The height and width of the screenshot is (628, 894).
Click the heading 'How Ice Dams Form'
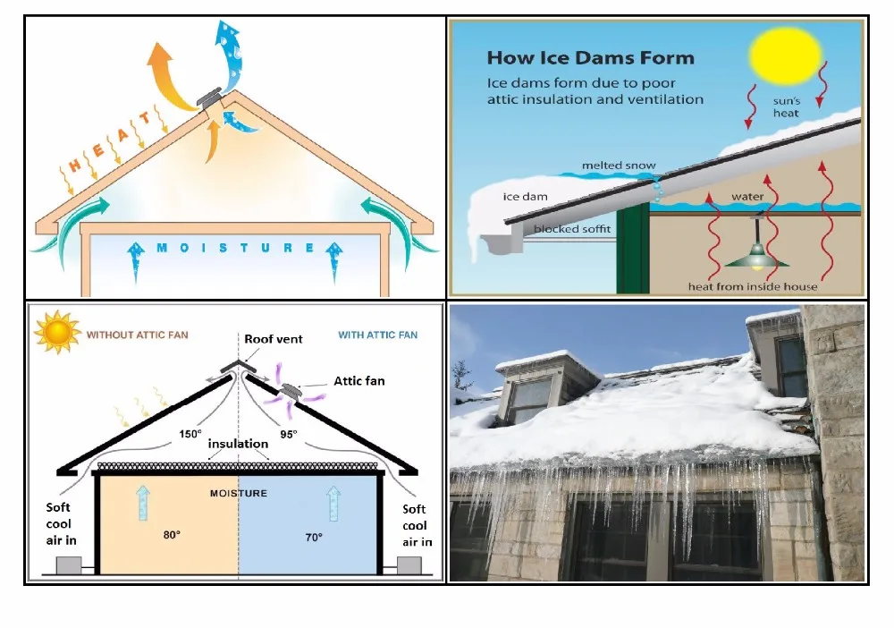[x=590, y=58]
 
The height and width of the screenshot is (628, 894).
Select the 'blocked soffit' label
[x=572, y=230]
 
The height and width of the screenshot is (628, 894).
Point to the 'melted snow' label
[x=619, y=165]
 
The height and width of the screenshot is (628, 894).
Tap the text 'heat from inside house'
[x=752, y=286]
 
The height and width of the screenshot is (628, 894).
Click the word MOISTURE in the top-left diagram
[x=235, y=248]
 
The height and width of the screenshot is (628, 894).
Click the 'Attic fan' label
[x=359, y=381]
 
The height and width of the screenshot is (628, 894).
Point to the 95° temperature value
[x=288, y=436]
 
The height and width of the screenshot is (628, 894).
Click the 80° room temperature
[x=171, y=535]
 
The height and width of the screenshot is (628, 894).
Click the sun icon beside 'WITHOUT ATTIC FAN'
[x=56, y=333]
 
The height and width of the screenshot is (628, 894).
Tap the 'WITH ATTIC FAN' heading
[x=377, y=335]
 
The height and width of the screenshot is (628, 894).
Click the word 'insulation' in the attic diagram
[x=238, y=444]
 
